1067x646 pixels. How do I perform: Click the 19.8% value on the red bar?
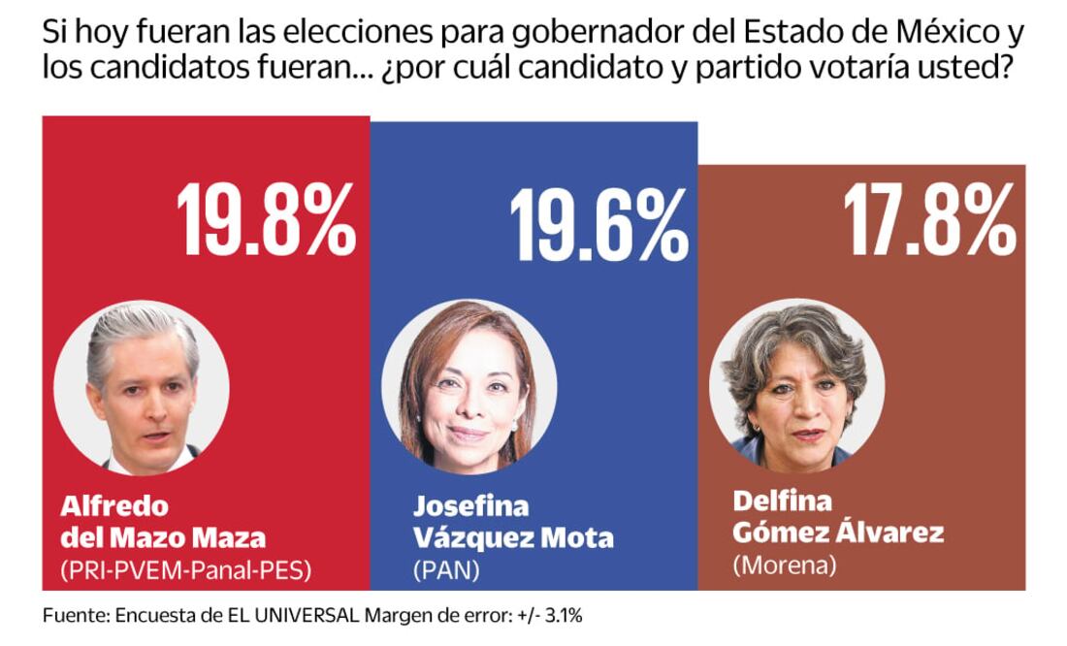pyautogui.click(x=266, y=221)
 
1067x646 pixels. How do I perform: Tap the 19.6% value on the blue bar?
pyautogui.click(x=598, y=227)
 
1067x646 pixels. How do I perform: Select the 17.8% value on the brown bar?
pyautogui.click(x=929, y=222)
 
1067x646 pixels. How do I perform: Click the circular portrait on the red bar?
pyautogui.click(x=142, y=388)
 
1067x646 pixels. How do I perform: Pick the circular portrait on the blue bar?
pyautogui.click(x=469, y=388)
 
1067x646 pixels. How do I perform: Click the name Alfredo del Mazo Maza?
pyautogui.click(x=162, y=521)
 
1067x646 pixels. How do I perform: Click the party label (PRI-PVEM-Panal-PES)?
pyautogui.click(x=185, y=570)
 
